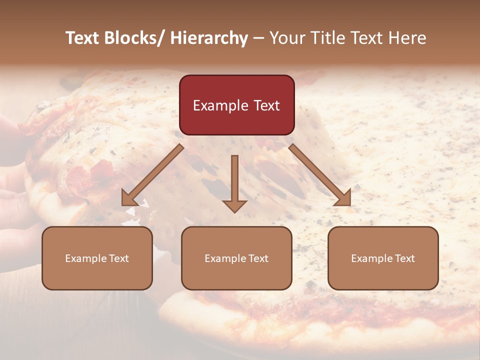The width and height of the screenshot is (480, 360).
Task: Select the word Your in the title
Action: tap(286, 38)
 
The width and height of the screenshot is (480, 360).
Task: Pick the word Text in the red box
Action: tap(265, 106)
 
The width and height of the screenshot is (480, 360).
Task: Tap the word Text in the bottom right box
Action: tap(404, 258)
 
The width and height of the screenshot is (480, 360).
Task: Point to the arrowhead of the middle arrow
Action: tap(234, 205)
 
